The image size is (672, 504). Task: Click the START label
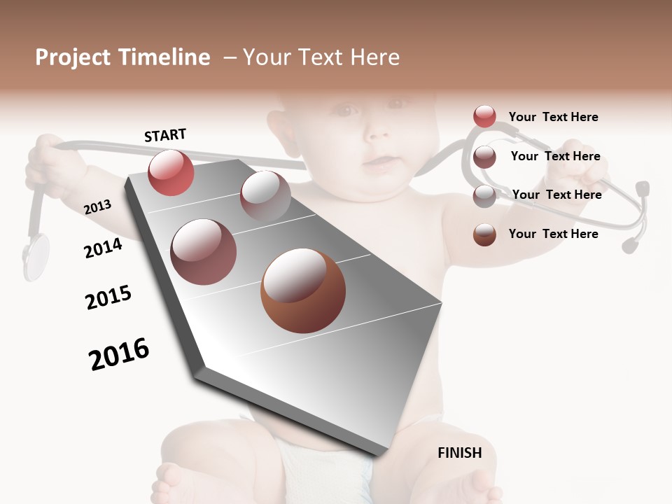point(165,135)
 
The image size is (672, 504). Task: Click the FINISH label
point(459,453)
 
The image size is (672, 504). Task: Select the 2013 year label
point(98,206)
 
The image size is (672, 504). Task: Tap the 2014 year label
point(103,248)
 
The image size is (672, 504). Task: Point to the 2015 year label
point(108,297)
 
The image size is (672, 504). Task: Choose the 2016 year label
point(119,354)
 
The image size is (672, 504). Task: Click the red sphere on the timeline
point(171,173)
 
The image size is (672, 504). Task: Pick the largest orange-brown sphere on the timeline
point(303,290)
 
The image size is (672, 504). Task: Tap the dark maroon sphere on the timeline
point(204,252)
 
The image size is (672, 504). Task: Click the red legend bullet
point(484,117)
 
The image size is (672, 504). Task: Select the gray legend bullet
point(484,196)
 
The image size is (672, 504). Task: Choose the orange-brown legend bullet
point(484,234)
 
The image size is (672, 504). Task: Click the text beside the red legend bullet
point(553,117)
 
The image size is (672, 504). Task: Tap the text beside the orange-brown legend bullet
point(553,234)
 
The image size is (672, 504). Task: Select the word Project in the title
point(73,57)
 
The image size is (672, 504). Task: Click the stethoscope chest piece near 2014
point(36,255)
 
